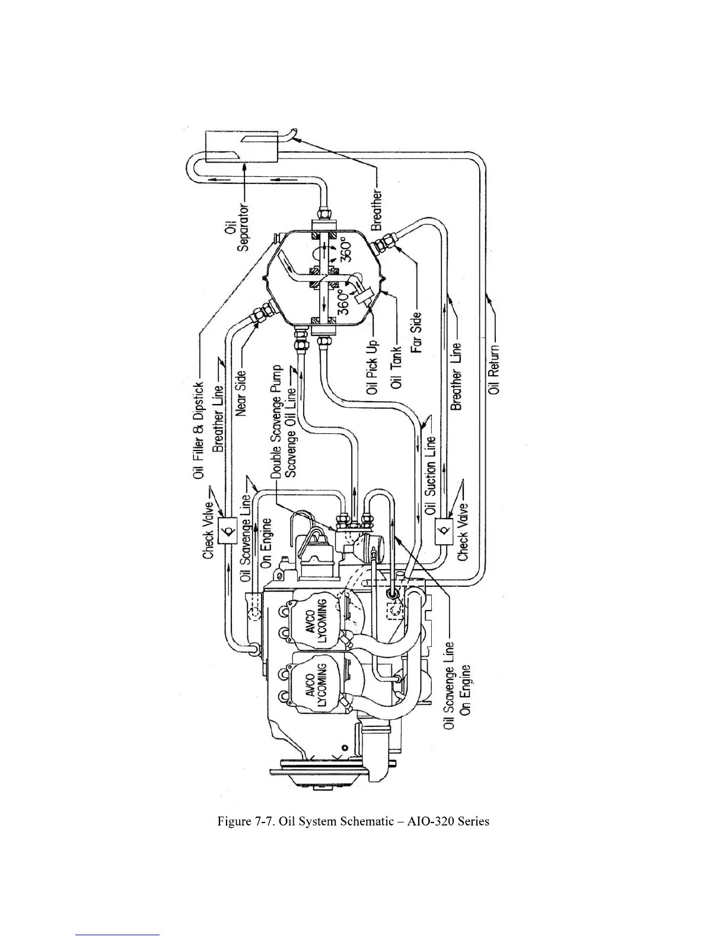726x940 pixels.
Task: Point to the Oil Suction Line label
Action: [431, 475]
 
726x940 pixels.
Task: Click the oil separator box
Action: [241, 146]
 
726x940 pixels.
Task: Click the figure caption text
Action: [353, 821]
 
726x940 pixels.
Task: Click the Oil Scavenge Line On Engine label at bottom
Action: [457, 685]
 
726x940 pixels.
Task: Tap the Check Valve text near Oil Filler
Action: [208, 522]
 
